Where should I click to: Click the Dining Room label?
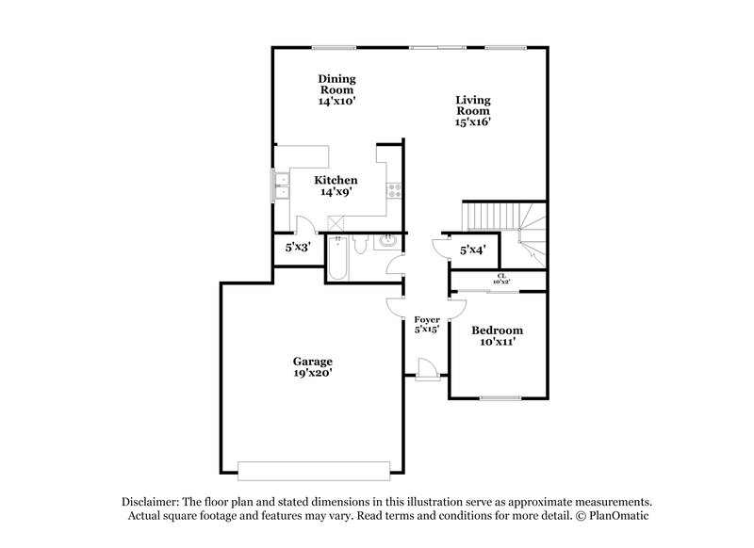336,89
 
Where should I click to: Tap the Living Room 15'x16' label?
473,110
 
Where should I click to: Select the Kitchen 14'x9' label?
336,185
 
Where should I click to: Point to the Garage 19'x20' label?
311,366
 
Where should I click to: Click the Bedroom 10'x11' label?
497,336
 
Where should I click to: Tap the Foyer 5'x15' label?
427,325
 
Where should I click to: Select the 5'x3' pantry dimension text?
299,248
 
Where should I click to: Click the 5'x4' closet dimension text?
471,250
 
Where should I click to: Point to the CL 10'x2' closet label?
500,279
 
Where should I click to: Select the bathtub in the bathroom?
337,259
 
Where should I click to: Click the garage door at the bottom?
314,470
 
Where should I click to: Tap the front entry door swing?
427,370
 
